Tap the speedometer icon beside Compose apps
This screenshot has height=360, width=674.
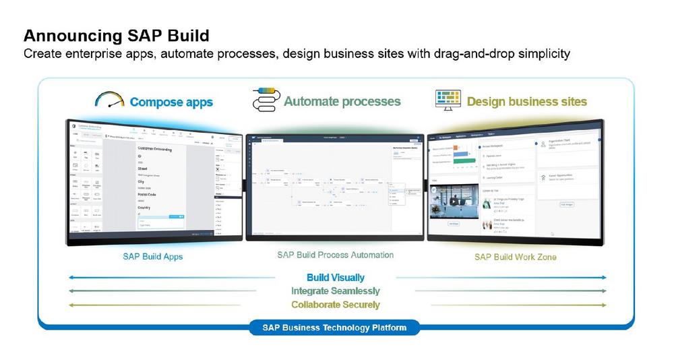click(x=111, y=100)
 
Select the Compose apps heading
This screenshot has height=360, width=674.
click(x=171, y=102)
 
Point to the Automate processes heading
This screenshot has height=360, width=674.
click(x=342, y=102)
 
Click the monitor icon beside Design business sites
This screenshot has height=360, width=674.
click(x=447, y=100)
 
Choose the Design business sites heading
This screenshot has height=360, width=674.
click(x=527, y=102)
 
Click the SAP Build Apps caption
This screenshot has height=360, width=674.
click(x=153, y=257)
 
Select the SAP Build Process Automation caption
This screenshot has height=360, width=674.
click(x=335, y=256)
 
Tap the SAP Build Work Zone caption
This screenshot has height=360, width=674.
click(x=516, y=257)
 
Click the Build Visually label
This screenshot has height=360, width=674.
click(x=336, y=278)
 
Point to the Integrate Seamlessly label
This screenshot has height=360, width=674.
click(x=336, y=291)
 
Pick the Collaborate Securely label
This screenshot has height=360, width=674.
click(x=336, y=305)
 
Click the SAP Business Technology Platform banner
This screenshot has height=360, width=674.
click(x=335, y=328)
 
